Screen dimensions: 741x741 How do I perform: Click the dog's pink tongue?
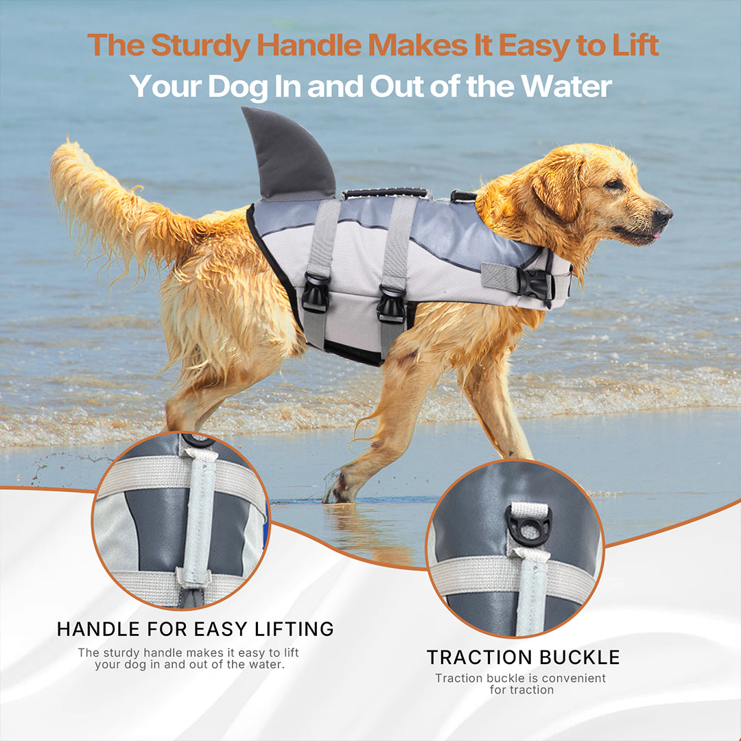[655, 235]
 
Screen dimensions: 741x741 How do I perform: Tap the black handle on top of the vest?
[385, 193]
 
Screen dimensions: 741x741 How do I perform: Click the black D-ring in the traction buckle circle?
[528, 526]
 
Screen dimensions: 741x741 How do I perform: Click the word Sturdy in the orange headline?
[200, 46]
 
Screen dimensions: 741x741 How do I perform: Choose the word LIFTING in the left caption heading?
[294, 629]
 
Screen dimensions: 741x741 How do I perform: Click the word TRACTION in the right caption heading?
[479, 657]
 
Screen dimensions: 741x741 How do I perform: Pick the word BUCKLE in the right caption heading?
[580, 657]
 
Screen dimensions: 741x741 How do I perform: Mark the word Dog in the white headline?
[237, 87]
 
